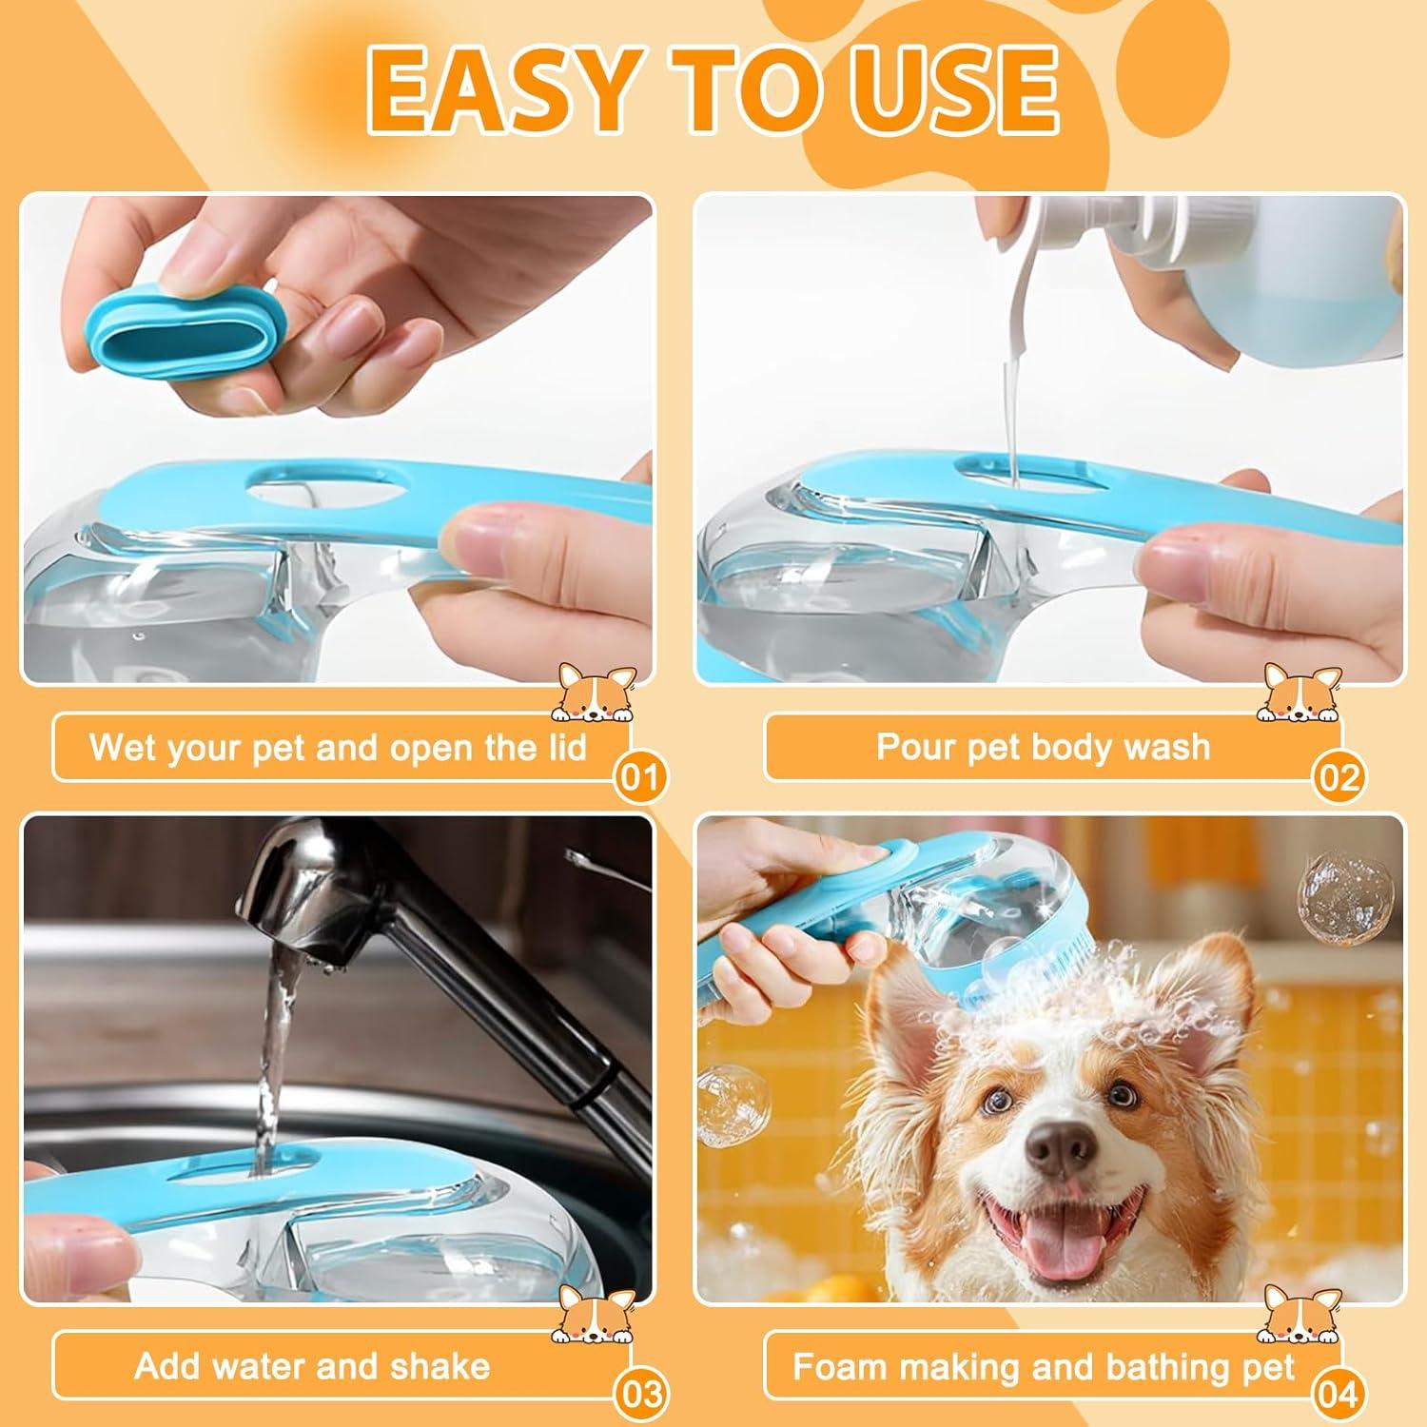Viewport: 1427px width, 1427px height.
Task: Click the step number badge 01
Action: [x=640, y=777]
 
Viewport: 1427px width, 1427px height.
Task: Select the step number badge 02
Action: [x=1339, y=777]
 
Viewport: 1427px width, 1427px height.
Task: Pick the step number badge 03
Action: [x=640, y=1395]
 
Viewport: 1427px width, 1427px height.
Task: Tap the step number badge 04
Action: [x=1339, y=1395]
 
